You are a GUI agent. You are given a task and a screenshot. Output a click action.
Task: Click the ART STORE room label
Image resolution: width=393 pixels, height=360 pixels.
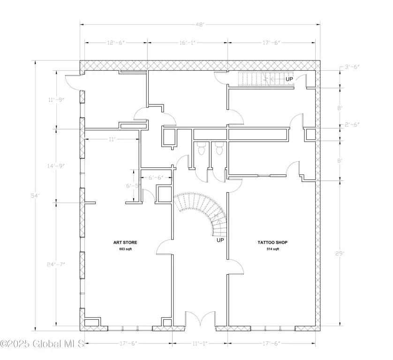click(125, 242)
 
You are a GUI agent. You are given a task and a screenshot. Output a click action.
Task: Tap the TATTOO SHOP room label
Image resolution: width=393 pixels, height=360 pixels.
click(272, 242)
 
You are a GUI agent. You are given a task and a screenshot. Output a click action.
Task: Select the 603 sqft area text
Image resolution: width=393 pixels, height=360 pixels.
click(125, 249)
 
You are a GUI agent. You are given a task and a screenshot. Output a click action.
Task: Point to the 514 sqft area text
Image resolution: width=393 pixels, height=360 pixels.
click(272, 249)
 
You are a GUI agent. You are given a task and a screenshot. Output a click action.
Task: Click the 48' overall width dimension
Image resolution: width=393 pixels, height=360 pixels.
click(200, 24)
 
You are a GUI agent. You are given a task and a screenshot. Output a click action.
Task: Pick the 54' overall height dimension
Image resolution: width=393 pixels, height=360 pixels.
click(35, 195)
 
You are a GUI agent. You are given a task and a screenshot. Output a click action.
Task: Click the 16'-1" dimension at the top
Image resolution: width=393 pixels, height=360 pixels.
click(188, 43)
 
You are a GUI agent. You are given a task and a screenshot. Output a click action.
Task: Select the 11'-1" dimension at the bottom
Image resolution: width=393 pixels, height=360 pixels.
click(200, 343)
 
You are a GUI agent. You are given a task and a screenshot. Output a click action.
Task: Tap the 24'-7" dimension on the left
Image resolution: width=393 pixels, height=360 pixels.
click(56, 264)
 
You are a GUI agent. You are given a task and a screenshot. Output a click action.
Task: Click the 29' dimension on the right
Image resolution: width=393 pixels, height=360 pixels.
click(340, 254)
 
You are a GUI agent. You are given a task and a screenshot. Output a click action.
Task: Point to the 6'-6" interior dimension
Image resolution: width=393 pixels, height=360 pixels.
click(156, 178)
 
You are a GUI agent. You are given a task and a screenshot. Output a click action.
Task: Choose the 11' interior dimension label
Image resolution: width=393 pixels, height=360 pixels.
click(112, 139)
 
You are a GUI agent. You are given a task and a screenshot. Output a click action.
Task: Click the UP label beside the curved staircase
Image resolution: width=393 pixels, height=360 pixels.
click(220, 240)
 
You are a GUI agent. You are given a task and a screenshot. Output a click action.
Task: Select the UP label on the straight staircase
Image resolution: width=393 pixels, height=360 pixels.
click(289, 79)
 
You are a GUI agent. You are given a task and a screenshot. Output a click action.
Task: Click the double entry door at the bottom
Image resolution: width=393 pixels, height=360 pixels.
click(200, 319)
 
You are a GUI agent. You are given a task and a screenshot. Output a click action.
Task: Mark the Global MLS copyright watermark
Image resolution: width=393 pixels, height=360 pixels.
click(42, 344)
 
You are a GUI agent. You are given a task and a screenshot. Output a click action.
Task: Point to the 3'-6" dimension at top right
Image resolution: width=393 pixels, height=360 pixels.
click(352, 67)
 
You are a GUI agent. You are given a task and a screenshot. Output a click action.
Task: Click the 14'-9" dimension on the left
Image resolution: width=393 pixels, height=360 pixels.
click(56, 166)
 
